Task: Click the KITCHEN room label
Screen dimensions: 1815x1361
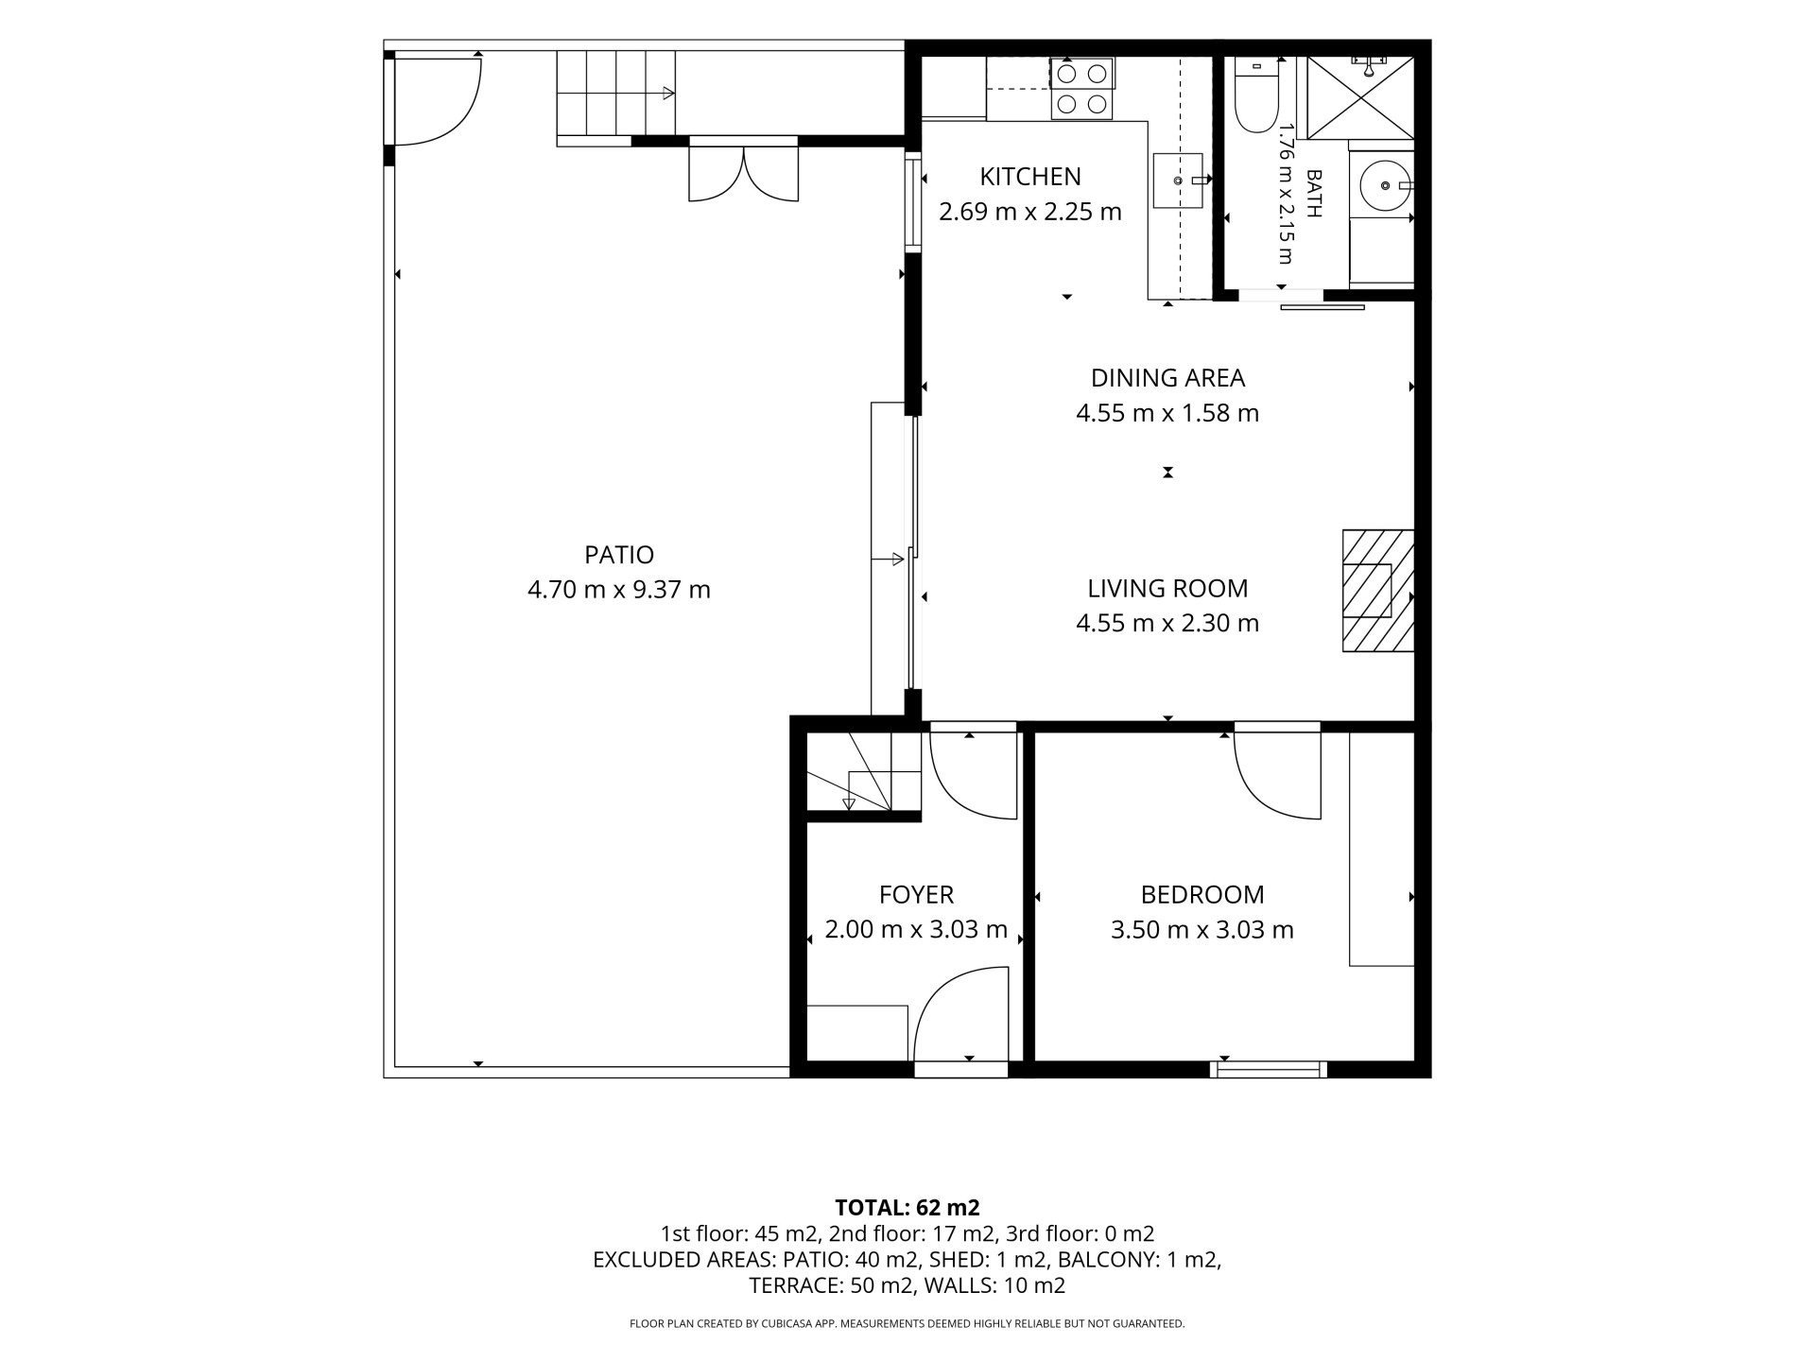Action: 1029,177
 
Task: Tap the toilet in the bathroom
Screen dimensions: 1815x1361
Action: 1256,95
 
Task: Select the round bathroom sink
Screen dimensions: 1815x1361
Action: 1386,185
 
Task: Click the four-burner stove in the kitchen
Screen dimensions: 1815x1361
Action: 1081,89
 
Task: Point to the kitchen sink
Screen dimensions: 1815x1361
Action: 1179,180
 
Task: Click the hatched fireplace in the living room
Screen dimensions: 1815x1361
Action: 1378,591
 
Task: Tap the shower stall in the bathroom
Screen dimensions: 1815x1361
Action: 1361,97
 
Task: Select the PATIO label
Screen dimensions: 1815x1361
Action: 619,555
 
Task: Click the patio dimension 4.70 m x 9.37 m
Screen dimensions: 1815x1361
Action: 619,590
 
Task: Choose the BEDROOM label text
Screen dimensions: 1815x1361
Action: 1202,895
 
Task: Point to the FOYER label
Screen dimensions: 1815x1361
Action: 916,895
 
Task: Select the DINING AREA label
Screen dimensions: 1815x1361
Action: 1167,378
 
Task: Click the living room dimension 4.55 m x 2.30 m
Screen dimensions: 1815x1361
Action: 1167,624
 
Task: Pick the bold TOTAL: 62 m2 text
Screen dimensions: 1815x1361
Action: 907,1208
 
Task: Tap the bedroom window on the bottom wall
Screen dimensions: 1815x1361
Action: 1269,1070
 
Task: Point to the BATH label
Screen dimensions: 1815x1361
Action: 1313,194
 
